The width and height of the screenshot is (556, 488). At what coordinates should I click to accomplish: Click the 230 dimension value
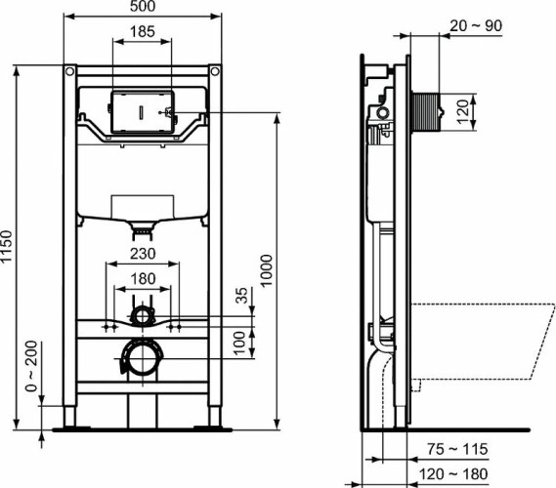pos(143,252)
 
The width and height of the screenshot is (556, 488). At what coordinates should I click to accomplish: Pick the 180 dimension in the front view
pos(143,279)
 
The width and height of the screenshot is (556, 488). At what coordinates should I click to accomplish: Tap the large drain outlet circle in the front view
pos(143,358)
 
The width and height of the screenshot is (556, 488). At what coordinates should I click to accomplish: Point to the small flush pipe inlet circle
pos(144,314)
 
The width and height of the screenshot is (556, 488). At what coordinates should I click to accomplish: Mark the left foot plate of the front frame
pos(70,425)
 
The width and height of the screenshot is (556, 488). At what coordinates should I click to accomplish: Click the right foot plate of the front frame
pos(214,425)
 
